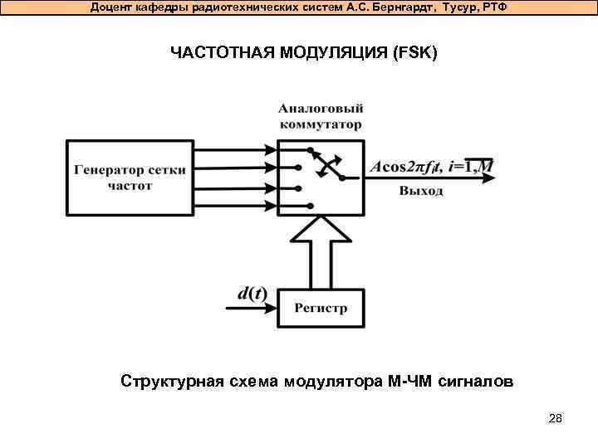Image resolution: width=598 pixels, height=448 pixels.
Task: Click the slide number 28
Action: click(x=556, y=418)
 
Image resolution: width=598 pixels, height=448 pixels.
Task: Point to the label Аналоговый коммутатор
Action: click(x=321, y=117)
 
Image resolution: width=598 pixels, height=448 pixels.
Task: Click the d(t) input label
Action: click(x=251, y=293)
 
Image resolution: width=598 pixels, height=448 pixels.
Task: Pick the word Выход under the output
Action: click(x=421, y=191)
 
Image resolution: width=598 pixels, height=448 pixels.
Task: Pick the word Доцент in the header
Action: click(x=112, y=7)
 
